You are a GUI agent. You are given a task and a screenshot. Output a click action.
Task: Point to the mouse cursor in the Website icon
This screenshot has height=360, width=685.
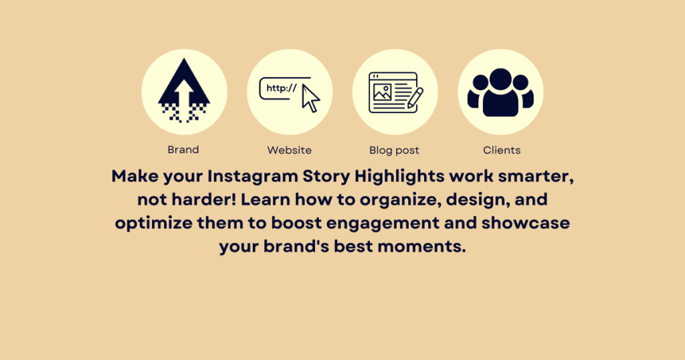coord(310,98)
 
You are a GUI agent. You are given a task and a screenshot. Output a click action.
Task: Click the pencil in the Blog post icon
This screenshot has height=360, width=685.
coord(415,98)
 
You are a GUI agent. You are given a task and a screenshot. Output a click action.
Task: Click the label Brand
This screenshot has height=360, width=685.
coord(183,150)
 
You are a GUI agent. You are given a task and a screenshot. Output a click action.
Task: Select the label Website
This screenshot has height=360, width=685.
coord(289,150)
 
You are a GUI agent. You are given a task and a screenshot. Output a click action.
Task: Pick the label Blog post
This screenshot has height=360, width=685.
coord(395,150)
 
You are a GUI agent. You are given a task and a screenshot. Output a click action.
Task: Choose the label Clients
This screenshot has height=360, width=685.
coord(502,150)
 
